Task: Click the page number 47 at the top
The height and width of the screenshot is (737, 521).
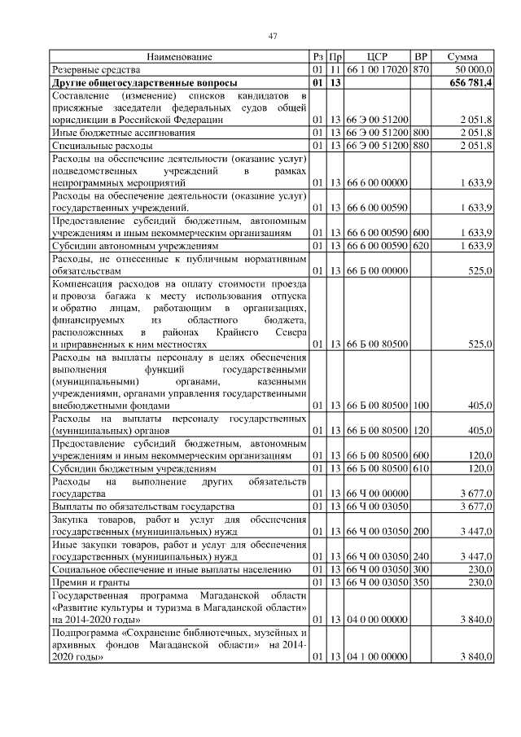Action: pos(273,35)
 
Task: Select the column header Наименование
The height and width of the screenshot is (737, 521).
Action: pos(179,57)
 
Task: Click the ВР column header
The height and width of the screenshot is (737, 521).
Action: pos(421,57)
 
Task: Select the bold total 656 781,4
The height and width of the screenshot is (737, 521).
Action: pos(470,84)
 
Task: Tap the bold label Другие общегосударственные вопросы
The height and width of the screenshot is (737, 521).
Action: pos(144,84)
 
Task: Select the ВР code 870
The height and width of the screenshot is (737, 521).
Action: pos(421,71)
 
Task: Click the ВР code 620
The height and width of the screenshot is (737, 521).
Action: pos(421,245)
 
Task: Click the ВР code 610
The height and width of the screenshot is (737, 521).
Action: pos(421,469)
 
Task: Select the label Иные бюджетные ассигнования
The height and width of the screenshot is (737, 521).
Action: pos(123,132)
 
